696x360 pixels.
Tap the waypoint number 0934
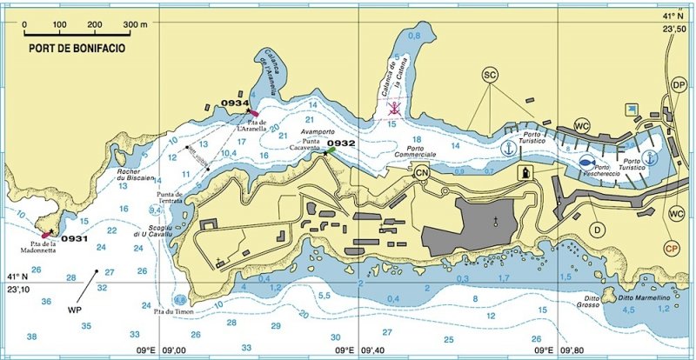coord(235,103)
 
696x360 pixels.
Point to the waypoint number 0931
coord(76,238)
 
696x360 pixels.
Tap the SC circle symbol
coord(490,76)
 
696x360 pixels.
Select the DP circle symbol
coord(679,84)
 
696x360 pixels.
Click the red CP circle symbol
coord(671,248)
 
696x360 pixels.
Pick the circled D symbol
coord(597,230)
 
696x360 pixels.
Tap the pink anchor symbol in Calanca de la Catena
coord(393,109)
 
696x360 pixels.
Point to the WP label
coord(76,308)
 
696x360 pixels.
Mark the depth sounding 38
coord(32,337)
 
